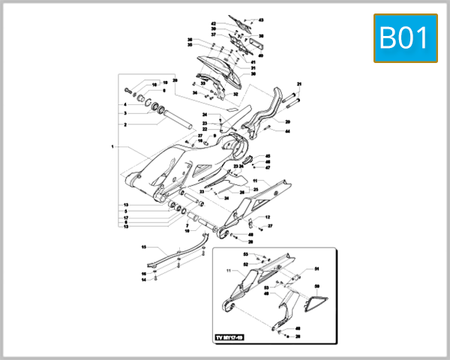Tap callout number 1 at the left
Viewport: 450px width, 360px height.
click(113, 147)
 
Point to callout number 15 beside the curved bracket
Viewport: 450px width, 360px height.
click(144, 247)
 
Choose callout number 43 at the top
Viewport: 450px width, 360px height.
click(262, 19)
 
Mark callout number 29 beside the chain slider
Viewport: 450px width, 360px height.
click(287, 121)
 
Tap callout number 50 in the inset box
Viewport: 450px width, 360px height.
click(316, 286)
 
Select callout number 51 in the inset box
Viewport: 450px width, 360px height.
click(316, 268)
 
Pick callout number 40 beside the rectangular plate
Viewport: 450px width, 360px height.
click(261, 55)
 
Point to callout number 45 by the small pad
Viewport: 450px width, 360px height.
click(268, 156)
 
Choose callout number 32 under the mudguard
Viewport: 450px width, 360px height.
click(235, 95)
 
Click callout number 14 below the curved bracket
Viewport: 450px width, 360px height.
click(143, 280)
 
